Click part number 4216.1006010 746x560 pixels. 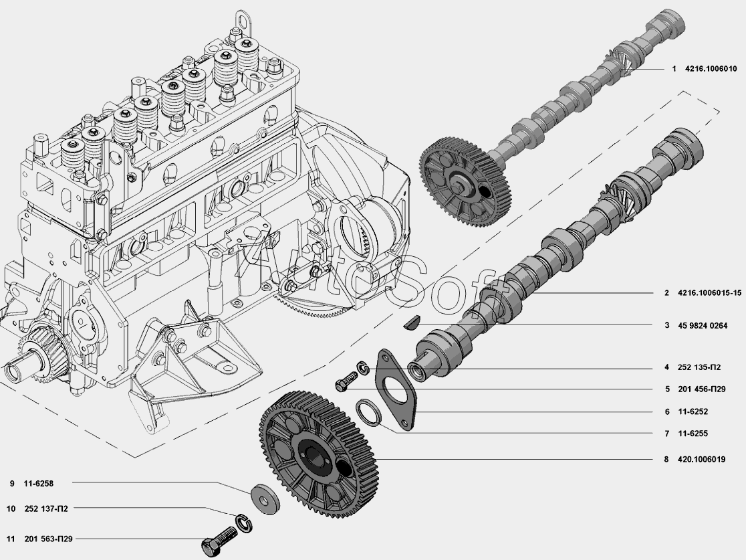[x=711, y=69]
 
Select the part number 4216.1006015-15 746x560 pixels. [x=709, y=293]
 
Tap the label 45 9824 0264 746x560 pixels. [x=703, y=326]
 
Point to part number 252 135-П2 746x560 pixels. [x=699, y=367]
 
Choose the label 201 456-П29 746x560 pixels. [x=702, y=389]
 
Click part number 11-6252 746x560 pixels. [x=693, y=412]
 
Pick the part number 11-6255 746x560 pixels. [x=693, y=434]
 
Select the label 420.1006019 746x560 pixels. [x=702, y=460]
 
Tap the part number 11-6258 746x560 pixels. [x=39, y=484]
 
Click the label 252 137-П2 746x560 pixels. [x=46, y=509]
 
